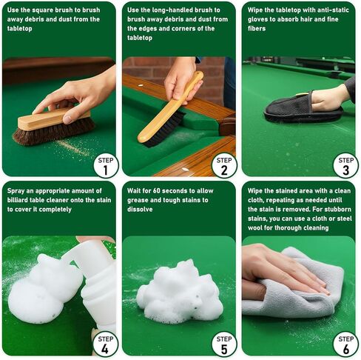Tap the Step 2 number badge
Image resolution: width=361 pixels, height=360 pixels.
[224, 164]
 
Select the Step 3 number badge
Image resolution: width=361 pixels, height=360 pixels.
[345, 164]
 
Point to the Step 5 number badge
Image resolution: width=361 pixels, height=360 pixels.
[224, 343]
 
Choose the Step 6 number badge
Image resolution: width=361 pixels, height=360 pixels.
[345, 343]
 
